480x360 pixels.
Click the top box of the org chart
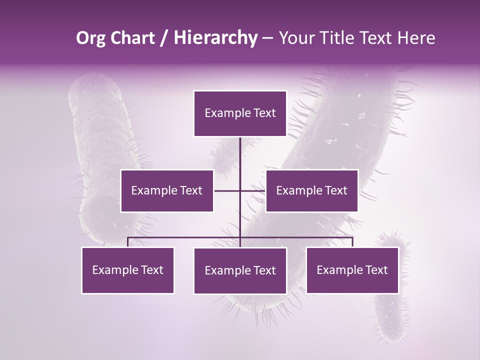click(240, 113)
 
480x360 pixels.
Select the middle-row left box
click(167, 190)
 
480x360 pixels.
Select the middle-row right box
click(311, 190)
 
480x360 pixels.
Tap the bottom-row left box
click(128, 270)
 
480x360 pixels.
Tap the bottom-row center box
click(240, 270)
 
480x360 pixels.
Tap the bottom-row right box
click(352, 270)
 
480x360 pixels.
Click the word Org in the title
click(90, 38)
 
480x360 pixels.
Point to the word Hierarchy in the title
click(215, 38)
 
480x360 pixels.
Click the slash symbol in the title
click(164, 38)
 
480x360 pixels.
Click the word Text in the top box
click(264, 113)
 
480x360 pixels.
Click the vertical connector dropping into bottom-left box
click(128, 242)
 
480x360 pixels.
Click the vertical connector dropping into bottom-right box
click(352, 242)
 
